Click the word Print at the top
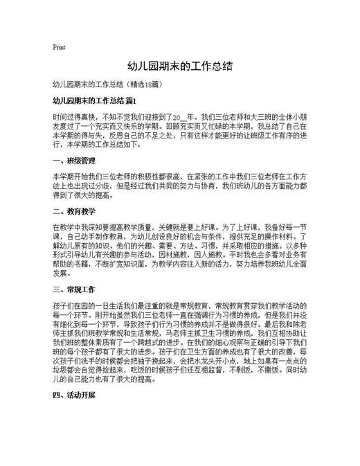tap(59, 47)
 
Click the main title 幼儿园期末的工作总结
tap(179, 67)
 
